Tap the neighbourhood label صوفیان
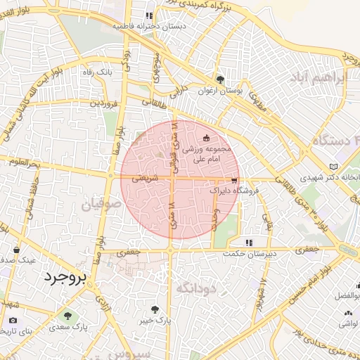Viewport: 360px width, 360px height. [x=102, y=205]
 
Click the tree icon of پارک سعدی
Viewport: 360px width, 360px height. [x=67, y=316]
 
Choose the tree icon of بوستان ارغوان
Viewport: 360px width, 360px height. [x=220, y=79]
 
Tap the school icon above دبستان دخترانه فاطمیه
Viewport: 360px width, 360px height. [x=148, y=15]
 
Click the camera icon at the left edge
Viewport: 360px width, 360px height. [x=13, y=321]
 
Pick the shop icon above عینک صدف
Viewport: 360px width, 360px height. [x=16, y=249]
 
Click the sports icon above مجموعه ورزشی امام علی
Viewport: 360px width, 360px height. [x=206, y=138]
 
